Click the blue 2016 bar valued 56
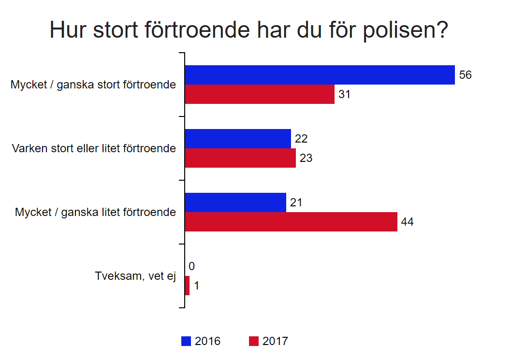pyautogui.click(x=320, y=75)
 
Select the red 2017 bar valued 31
pyautogui.click(x=260, y=94)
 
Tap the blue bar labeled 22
pyautogui.click(x=238, y=139)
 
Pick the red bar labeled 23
pyautogui.click(x=240, y=158)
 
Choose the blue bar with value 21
pyautogui.click(x=235, y=202)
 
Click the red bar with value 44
pyautogui.click(x=291, y=222)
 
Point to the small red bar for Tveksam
pyautogui.click(x=187, y=286)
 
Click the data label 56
pyautogui.click(x=465, y=75)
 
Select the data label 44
pyautogui.click(x=408, y=222)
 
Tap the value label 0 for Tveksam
pyautogui.click(x=192, y=266)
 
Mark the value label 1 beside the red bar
pyautogui.click(x=197, y=286)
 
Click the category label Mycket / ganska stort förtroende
pyautogui.click(x=93, y=85)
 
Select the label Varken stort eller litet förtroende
pyautogui.click(x=94, y=148)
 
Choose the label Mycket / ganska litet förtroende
pyautogui.click(x=95, y=212)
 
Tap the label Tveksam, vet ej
pyautogui.click(x=135, y=276)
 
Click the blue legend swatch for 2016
pyautogui.click(x=186, y=341)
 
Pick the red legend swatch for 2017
pyautogui.click(x=253, y=341)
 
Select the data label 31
pyautogui.click(x=344, y=94)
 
